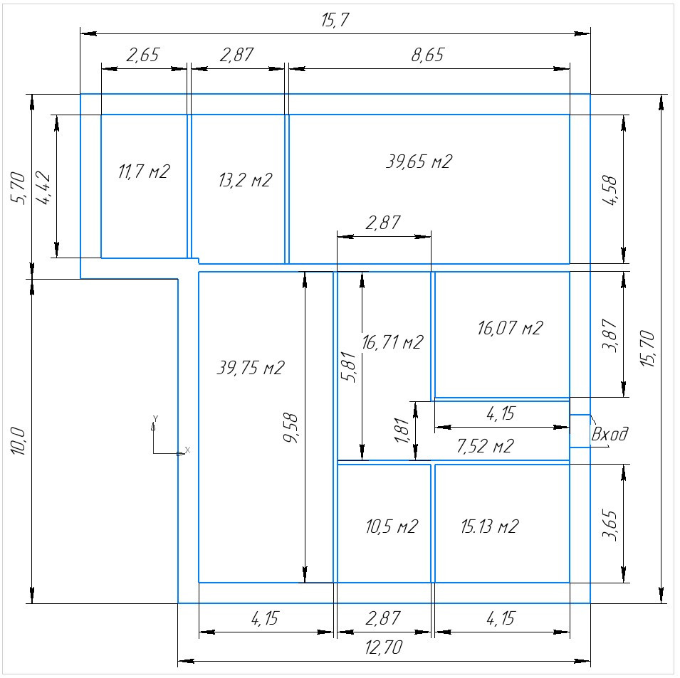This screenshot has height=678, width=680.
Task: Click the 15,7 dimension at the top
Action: click(335, 21)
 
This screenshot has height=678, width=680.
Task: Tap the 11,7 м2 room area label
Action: click(144, 171)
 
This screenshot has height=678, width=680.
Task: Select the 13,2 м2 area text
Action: click(245, 180)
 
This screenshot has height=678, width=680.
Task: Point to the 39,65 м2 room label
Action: click(419, 161)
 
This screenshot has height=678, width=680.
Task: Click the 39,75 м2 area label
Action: click(250, 368)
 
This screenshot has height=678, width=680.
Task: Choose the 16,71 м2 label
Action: click(392, 342)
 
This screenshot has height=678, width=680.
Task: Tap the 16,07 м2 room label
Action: click(510, 328)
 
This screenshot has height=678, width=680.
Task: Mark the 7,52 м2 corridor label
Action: click(486, 446)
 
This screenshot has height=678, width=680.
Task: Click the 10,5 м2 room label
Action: click(392, 526)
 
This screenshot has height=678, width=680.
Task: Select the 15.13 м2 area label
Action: click(490, 526)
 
